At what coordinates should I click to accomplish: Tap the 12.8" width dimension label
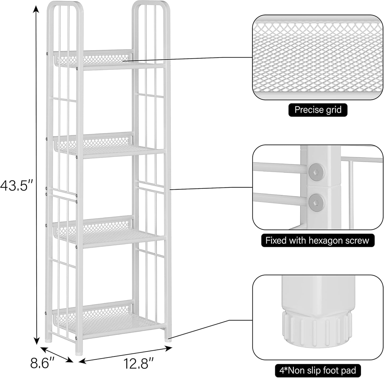tap(138, 363)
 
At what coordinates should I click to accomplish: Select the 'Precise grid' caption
tap(318, 110)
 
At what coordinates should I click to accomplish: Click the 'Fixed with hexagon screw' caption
tap(317, 240)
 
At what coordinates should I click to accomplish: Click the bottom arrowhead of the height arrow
tap(36, 341)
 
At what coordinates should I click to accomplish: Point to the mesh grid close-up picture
tap(318, 57)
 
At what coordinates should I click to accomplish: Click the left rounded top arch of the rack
tap(65, 5)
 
